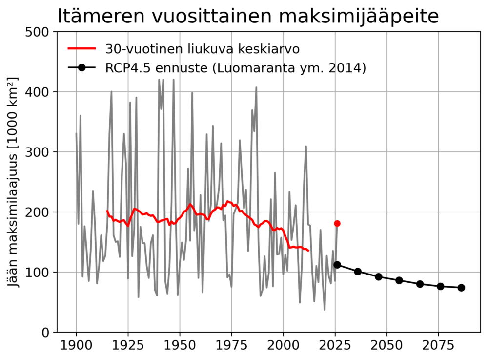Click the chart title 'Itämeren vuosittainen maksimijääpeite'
click(248, 16)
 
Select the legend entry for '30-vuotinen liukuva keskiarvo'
click(202, 49)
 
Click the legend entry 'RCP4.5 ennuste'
click(235, 68)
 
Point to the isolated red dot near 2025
click(337, 223)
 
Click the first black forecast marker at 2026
click(337, 265)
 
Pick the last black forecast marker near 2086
click(461, 288)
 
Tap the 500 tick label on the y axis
click(40, 32)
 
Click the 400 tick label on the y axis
click(40, 92)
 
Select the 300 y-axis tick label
click(40, 152)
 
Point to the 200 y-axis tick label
click(40, 212)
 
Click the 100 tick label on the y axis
click(40, 272)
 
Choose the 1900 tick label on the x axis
click(76, 346)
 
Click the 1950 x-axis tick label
click(180, 346)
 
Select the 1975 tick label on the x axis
click(231, 346)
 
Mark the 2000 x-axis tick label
click(283, 346)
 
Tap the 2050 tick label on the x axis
click(386, 346)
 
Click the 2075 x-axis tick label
click(438, 346)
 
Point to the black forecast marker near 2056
click(399, 280)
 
